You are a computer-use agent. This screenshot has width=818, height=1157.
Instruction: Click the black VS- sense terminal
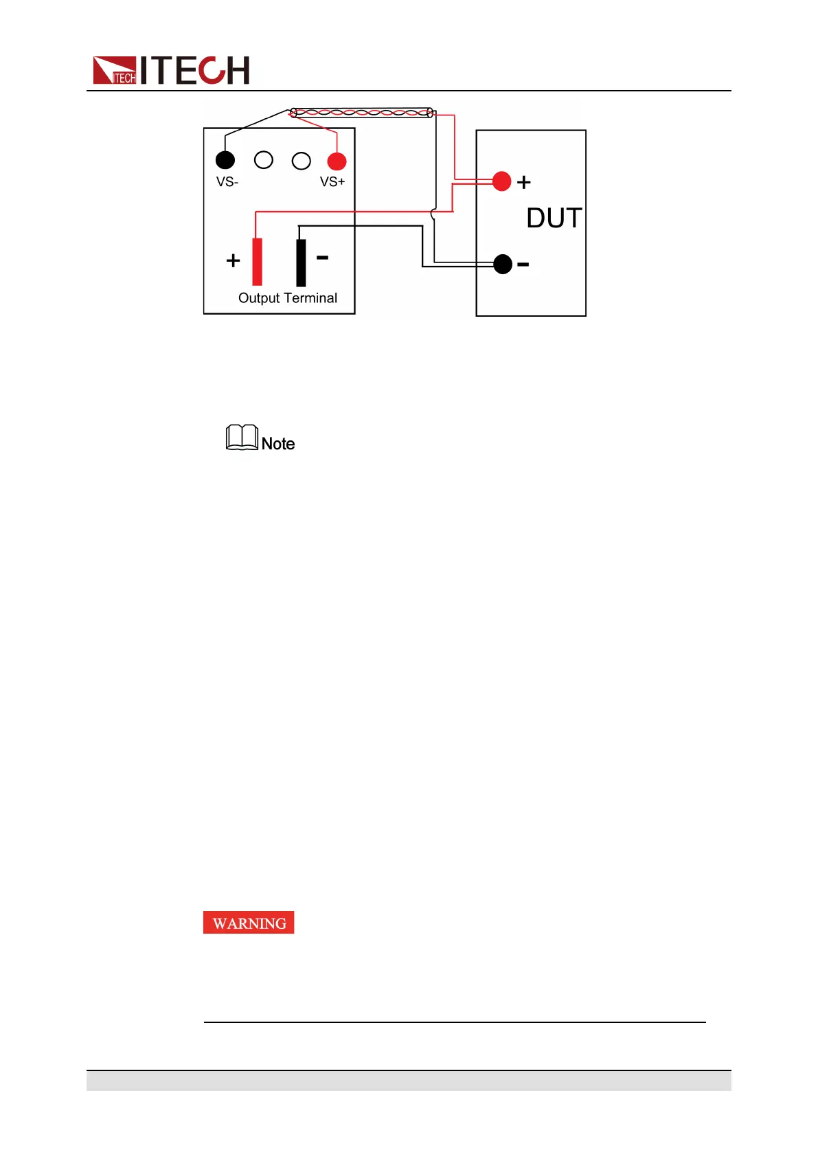[225, 160]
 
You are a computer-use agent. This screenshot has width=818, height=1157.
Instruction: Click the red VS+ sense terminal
[337, 161]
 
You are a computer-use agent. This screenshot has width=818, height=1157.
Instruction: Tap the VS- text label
[227, 182]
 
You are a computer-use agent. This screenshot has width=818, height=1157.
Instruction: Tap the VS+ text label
[332, 182]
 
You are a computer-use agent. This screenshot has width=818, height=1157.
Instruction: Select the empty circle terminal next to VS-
[264, 160]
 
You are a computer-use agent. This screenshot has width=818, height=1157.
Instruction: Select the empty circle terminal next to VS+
[302, 161]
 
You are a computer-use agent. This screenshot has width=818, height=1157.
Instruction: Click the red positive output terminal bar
[257, 261]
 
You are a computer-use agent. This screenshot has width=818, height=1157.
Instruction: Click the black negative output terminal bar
[301, 262]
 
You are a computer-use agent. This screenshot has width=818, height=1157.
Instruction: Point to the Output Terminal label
[288, 298]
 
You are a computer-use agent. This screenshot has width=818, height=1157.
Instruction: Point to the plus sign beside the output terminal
[234, 260]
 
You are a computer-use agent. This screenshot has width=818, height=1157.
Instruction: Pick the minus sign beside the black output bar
[322, 258]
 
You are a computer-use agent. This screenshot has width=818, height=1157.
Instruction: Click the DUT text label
[554, 218]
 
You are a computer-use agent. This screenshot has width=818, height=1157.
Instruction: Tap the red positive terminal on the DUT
[502, 181]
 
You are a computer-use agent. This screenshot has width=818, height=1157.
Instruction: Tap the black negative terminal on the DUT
[503, 264]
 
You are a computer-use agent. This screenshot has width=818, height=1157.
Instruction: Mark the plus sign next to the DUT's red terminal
[524, 182]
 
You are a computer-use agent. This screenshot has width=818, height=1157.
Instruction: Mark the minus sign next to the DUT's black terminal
[523, 265]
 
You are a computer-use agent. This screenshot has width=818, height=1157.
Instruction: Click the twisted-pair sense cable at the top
[362, 113]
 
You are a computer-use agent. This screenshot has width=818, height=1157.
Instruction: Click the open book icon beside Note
[242, 438]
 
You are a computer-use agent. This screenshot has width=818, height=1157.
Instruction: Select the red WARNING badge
[249, 923]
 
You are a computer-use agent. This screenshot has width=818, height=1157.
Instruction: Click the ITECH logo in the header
[171, 70]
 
